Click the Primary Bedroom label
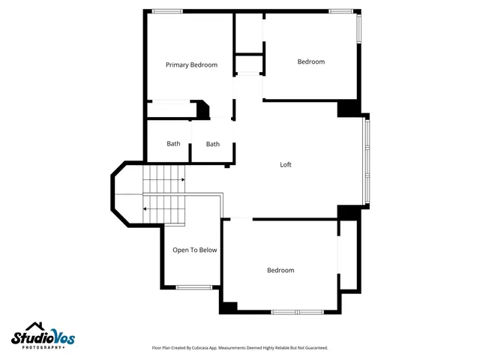click(x=191, y=65)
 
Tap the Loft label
click(x=285, y=165)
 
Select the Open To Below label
click(x=195, y=250)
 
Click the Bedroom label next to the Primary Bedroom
click(x=310, y=61)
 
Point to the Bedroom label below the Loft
click(x=280, y=270)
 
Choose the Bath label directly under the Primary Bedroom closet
click(x=173, y=144)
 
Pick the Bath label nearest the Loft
click(x=213, y=144)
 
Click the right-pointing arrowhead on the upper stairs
click(x=184, y=180)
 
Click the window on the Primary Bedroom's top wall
click(x=166, y=11)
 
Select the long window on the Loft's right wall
click(x=366, y=160)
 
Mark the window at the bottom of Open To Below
click(x=193, y=286)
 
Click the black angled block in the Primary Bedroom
click(x=202, y=110)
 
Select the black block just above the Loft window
click(x=348, y=109)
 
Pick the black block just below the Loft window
click(x=348, y=212)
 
